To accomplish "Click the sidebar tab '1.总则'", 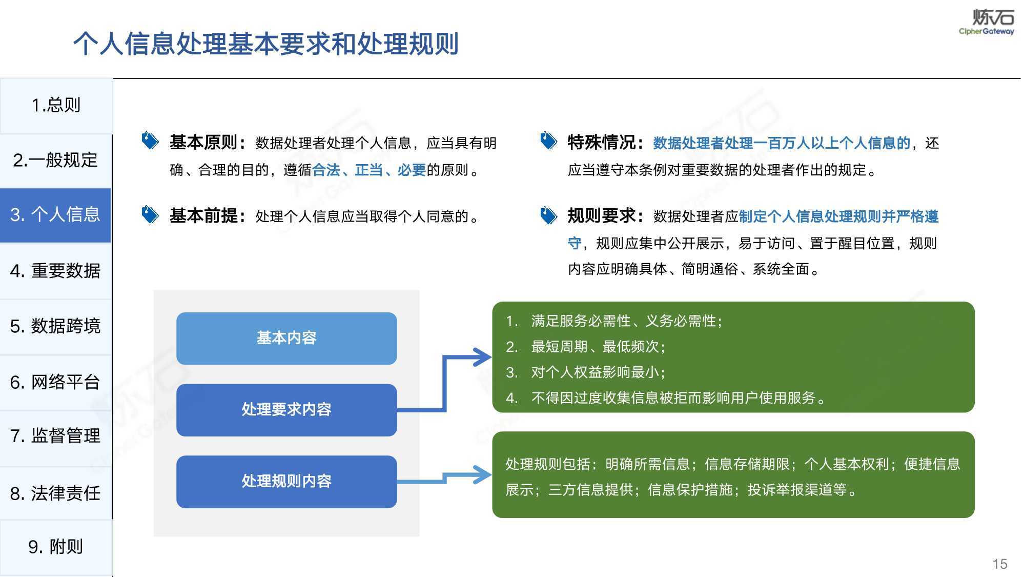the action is click(56, 106).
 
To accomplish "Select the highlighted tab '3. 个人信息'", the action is click(55, 215).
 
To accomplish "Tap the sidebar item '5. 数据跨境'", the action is click(56, 326).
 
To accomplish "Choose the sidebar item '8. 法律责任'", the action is click(56, 493).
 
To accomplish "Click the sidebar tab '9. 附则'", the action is click(56, 547).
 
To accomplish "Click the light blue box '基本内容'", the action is click(286, 339).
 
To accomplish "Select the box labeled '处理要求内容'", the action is click(286, 410).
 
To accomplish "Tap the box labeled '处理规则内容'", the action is click(286, 482).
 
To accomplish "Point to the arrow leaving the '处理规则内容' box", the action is click(444, 477).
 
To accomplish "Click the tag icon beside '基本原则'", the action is click(150, 141).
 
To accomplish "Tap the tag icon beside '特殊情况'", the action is click(548, 141).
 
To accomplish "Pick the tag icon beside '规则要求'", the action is click(548, 215).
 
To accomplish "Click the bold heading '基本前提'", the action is click(204, 216).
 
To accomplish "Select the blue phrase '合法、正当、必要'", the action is click(369, 170).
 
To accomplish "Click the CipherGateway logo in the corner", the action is click(987, 22).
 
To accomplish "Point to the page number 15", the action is click(1000, 564).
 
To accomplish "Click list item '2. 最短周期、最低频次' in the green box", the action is click(586, 347).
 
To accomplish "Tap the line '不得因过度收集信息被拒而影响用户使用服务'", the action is click(673, 398).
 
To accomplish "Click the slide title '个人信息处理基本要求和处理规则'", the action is click(266, 44).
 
